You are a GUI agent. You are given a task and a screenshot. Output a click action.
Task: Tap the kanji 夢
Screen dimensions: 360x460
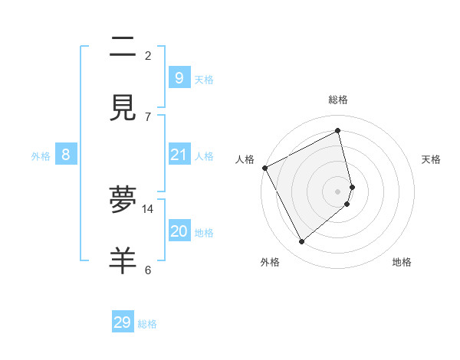click(123, 201)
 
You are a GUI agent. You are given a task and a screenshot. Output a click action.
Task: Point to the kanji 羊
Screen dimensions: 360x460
click(123, 261)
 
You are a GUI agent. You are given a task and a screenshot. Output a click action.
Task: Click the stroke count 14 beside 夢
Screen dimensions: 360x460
click(148, 208)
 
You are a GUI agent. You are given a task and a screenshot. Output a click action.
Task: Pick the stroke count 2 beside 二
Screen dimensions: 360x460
click(148, 55)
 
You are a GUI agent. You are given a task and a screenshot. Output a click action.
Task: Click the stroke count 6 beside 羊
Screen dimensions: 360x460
click(148, 270)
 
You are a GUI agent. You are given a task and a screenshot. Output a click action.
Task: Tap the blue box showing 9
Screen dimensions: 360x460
click(179, 78)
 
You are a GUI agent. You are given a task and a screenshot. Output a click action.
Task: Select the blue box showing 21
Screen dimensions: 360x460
click(179, 155)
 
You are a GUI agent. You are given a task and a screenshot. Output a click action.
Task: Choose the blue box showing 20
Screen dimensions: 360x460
click(179, 231)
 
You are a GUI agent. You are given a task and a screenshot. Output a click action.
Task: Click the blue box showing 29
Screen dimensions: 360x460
click(123, 322)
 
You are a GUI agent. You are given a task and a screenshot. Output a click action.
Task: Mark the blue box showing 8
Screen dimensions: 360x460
click(66, 155)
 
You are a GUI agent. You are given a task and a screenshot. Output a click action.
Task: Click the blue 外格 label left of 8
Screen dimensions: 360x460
click(41, 156)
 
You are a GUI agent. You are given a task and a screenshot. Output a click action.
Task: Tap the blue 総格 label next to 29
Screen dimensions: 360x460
click(147, 324)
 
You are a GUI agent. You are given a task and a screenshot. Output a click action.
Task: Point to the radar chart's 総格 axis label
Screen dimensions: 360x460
click(338, 100)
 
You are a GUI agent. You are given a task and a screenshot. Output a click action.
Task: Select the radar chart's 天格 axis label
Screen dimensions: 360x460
click(432, 159)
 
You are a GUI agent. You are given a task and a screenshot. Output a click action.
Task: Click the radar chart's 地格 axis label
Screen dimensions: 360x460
click(402, 262)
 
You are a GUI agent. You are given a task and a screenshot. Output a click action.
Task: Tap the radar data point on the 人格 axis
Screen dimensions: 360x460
click(264, 168)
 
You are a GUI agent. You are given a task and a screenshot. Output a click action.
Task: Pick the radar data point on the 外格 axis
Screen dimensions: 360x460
click(301, 241)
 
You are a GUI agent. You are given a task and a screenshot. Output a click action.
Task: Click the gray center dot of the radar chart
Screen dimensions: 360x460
click(338, 191)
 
